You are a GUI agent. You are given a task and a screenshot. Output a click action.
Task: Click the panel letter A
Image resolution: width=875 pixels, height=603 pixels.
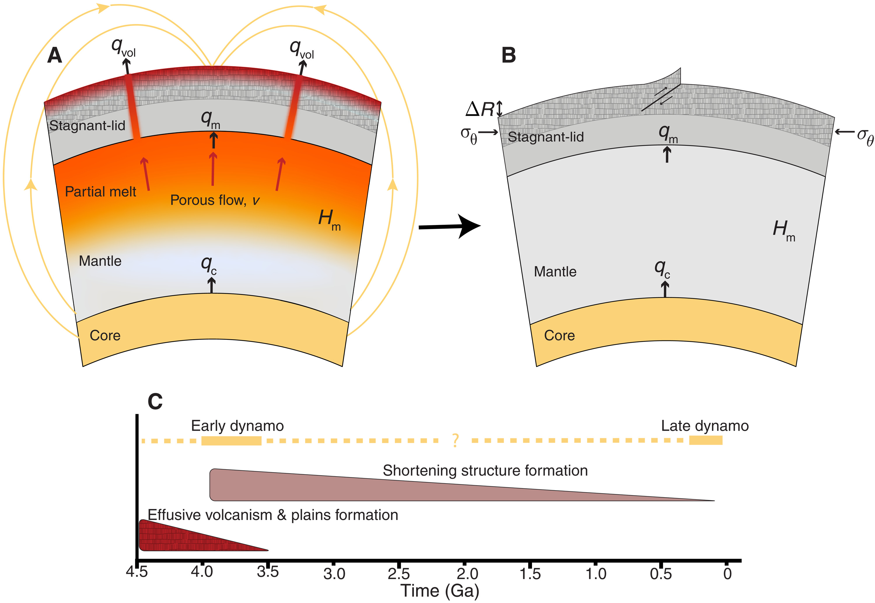pos(55,56)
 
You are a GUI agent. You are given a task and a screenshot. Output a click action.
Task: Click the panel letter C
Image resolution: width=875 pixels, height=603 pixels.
pos(155,402)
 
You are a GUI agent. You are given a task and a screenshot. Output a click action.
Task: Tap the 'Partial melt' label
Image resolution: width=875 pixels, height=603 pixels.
pos(100,191)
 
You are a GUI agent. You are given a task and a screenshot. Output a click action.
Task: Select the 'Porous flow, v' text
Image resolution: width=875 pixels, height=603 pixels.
pos(215,200)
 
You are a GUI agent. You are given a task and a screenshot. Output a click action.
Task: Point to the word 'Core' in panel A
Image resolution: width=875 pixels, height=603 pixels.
pos(105,335)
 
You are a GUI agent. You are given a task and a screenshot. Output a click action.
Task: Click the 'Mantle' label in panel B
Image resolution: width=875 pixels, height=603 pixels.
pos(555,272)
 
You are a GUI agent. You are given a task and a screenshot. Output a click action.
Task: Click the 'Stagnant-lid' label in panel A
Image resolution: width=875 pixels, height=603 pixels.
pos(87,125)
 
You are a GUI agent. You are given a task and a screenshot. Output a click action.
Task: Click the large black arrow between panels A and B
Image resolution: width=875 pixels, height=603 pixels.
pos(450,227)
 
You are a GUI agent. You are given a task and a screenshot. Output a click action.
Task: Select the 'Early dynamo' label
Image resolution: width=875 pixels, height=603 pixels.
pos(237,426)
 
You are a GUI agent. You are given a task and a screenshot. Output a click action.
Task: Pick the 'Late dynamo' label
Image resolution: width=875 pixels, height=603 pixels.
pos(705,426)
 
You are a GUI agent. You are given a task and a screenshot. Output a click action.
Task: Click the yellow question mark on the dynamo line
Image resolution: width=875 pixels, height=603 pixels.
pos(455,441)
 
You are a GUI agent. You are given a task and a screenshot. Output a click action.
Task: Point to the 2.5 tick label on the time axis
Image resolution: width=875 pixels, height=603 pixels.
pos(399,574)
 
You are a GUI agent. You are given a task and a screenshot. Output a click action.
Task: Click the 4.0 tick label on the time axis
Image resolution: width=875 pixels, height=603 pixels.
pos(202,572)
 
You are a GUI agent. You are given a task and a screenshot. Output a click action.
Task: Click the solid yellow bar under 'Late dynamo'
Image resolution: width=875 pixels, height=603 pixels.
pos(706,440)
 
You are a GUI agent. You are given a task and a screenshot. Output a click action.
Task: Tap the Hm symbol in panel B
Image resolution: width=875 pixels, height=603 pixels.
pos(784,231)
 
